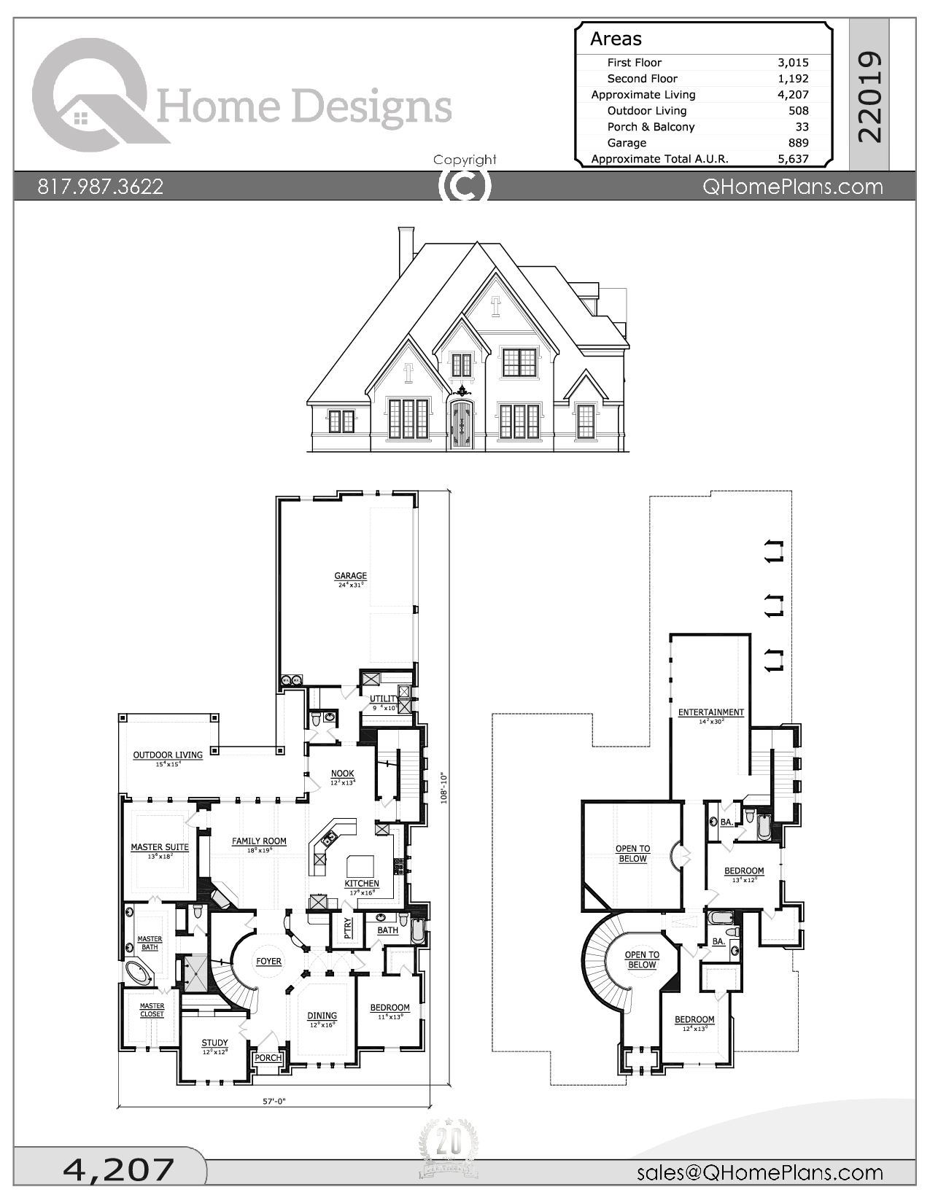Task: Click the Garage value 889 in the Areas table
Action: pos(798,143)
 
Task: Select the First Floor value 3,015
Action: pos(792,63)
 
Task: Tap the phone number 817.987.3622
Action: pos(101,187)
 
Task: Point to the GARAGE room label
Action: pos(351,576)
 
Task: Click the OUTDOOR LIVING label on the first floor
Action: pos(168,755)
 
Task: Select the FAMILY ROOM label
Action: pos(259,841)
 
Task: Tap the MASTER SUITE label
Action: pos(160,847)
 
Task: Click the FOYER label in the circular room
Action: pos(268,962)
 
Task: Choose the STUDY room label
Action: pos(214,1043)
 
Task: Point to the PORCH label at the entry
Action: pos(268,1058)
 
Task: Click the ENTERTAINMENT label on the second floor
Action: pos(711,712)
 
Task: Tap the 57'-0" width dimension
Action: pos(274,1102)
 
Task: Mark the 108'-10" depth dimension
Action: pos(443,788)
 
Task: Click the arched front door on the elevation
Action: pos(461,425)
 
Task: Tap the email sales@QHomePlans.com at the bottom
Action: pos(759,1172)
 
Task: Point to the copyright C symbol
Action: pos(464,186)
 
